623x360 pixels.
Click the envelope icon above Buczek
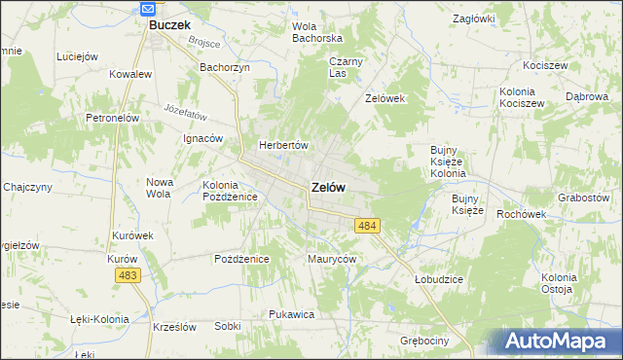click(148, 9)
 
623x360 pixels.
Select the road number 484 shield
click(367, 226)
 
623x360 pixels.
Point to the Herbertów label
click(282, 145)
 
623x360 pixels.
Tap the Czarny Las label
click(345, 66)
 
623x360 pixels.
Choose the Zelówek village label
click(384, 98)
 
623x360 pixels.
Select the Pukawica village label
click(291, 314)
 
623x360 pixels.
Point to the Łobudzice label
click(438, 278)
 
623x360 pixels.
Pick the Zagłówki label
click(475, 18)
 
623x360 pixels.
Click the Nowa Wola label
click(159, 187)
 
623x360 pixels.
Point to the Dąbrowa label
click(587, 97)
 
